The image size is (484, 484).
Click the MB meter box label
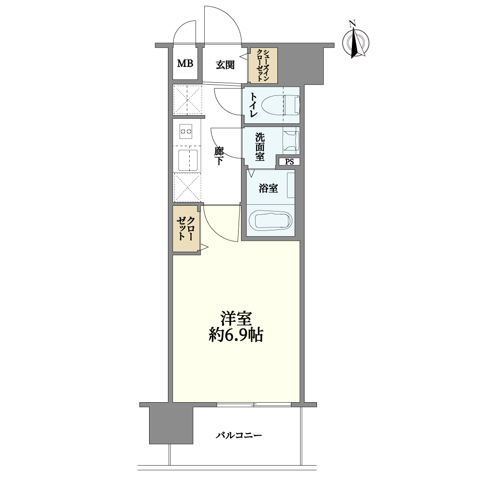(x=185, y=63)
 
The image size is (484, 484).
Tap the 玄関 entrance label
(x=225, y=65)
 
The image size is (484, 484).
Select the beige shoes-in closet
(x=263, y=65)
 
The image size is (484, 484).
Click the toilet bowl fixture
(x=280, y=105)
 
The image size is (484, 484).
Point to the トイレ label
(x=253, y=105)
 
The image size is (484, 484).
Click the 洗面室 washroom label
(x=259, y=147)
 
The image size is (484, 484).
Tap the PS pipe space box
(x=289, y=162)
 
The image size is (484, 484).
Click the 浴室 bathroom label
(x=268, y=188)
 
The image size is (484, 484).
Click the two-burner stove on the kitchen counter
(x=186, y=131)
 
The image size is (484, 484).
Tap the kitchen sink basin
(x=188, y=160)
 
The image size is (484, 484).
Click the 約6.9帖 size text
(x=236, y=334)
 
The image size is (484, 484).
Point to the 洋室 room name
(x=236, y=318)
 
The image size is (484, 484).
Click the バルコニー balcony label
(x=239, y=436)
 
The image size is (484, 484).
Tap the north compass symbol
(x=356, y=43)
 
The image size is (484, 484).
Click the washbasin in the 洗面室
(x=291, y=141)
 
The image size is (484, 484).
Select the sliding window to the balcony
(x=254, y=404)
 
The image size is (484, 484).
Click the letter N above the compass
(x=351, y=24)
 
